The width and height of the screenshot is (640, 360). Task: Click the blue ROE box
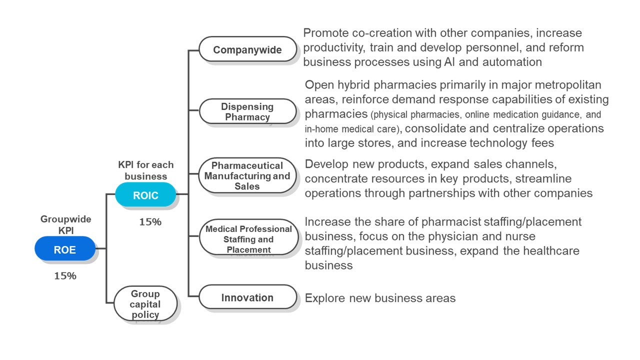coord(65,249)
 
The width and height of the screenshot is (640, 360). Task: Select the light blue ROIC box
coord(145,195)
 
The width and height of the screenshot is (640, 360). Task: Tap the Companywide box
coord(247,49)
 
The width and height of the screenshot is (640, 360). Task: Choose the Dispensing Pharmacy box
coord(247,111)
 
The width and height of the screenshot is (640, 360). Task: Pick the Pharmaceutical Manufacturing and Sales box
coord(247,175)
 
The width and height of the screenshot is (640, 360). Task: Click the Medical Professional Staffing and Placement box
coord(248,238)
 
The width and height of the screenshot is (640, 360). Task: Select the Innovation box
coord(247,297)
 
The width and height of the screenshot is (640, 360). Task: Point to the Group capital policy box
coord(145,304)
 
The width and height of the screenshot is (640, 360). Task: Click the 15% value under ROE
coord(65,275)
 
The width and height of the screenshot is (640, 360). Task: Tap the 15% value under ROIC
coord(150,222)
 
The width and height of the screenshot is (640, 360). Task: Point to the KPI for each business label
coord(146,170)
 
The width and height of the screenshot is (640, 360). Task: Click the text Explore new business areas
coord(380,298)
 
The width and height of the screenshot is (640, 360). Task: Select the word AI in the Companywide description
coord(449,62)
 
